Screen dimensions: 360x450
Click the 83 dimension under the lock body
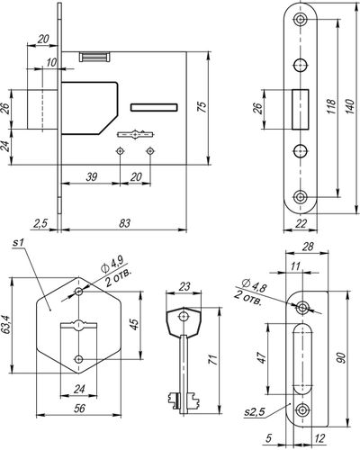click(124, 223)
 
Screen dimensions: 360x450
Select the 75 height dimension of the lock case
click(202, 107)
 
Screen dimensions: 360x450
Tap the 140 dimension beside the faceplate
click(350, 105)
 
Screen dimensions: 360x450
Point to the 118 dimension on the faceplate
click(331, 105)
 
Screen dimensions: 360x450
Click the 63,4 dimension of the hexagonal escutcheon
click(5, 324)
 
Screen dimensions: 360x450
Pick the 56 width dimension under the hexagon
click(79, 408)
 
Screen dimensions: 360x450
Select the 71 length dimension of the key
click(212, 359)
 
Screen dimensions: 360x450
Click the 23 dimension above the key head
click(184, 286)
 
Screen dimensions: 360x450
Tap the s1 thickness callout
click(18, 243)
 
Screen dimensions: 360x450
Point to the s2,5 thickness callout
click(255, 413)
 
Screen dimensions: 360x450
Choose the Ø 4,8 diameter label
click(255, 285)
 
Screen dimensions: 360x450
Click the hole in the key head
click(183, 316)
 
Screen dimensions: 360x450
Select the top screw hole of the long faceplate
click(300, 20)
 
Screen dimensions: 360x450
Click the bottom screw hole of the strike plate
click(302, 410)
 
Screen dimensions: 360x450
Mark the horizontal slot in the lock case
click(154, 107)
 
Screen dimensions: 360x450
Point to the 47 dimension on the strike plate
click(262, 357)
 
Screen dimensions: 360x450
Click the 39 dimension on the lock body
click(92, 177)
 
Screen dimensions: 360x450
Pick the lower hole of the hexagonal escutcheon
click(79, 359)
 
